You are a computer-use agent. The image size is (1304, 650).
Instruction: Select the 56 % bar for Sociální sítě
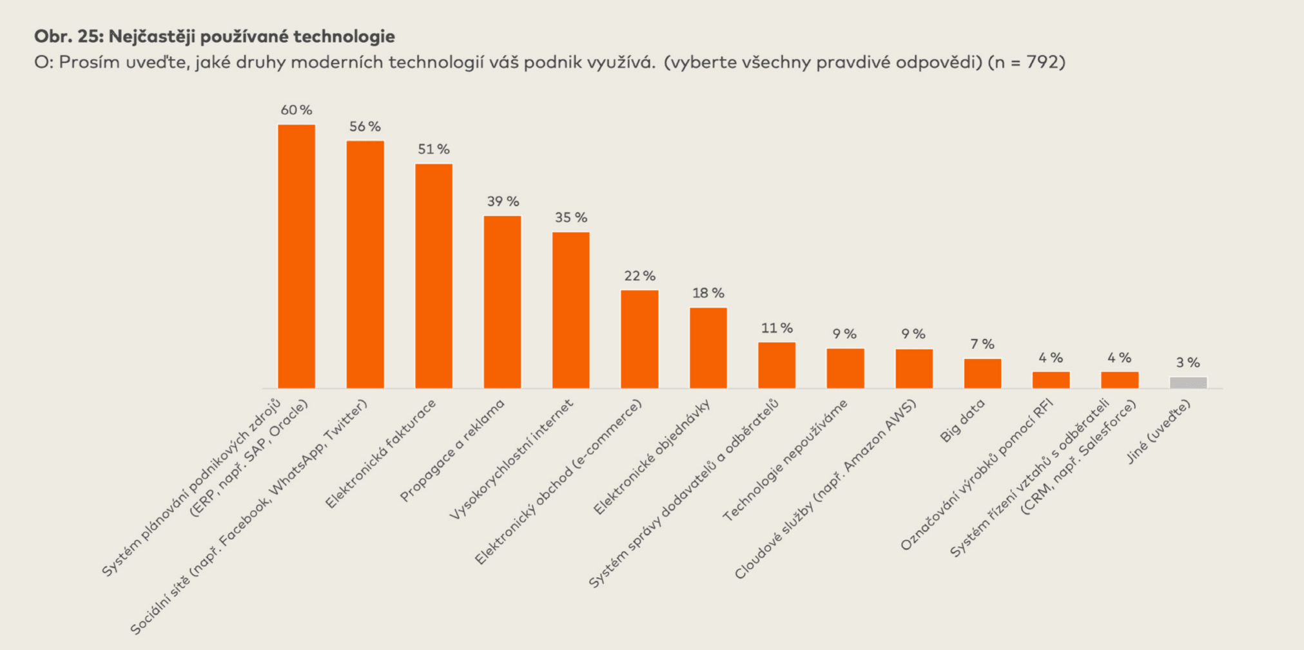coord(365,264)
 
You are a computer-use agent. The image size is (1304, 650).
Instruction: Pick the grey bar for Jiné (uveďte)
coord(1188,382)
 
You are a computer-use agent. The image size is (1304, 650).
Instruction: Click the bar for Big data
coord(982,373)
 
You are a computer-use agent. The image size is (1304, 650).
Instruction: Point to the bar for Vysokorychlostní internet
coord(571,310)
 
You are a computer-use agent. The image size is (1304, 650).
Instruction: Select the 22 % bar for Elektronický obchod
coord(639,339)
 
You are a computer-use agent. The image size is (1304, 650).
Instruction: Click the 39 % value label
coord(503,202)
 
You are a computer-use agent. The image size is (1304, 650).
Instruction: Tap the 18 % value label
coord(708,293)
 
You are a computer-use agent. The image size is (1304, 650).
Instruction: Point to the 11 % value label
coord(777,328)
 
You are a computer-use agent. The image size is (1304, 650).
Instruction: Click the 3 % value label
coord(1188,362)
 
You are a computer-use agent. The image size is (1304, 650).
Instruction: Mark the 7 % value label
coord(982,344)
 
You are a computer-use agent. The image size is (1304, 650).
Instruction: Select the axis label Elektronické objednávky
coord(651,457)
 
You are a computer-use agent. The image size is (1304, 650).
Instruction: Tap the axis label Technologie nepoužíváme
coord(784,460)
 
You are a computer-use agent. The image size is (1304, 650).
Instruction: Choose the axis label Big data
coord(962,421)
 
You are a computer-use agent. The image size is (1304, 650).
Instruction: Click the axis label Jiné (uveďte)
coord(1158,431)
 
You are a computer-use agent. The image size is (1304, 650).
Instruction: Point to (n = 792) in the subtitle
coord(1026,63)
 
